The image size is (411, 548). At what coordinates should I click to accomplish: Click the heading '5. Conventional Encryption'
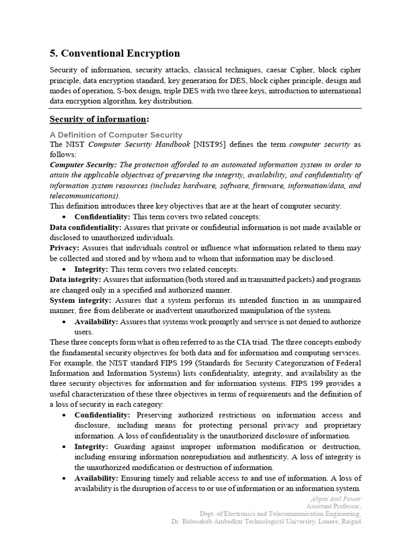115,53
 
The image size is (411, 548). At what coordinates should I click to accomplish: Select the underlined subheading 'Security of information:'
100,118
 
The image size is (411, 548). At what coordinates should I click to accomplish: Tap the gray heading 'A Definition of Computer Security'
116,135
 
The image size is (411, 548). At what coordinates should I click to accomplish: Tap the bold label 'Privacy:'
64,248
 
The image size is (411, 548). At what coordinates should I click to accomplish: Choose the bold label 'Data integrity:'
75,279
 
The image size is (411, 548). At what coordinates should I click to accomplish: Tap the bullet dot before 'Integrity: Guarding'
64,446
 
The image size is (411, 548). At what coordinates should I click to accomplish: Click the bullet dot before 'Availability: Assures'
64,322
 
